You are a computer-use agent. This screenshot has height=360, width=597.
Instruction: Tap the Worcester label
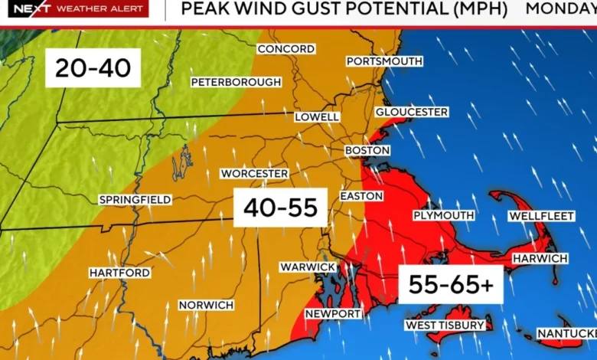(x=254, y=174)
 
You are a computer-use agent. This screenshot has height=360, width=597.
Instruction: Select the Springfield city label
(x=135, y=200)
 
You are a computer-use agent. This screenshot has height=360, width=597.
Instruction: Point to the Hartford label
(x=119, y=273)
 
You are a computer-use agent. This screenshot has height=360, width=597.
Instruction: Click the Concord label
(x=285, y=49)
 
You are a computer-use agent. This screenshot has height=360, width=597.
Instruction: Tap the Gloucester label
(x=411, y=113)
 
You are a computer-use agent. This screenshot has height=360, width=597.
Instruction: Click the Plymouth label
(x=443, y=216)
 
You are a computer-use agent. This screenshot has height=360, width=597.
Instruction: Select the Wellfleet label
(x=541, y=217)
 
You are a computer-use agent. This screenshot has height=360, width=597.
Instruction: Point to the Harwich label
(x=540, y=259)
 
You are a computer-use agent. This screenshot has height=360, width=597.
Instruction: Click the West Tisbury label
(x=445, y=326)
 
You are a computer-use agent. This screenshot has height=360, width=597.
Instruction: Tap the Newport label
(x=333, y=314)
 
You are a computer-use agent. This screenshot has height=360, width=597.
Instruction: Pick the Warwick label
(x=307, y=267)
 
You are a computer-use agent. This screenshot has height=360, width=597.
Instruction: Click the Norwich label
(x=206, y=305)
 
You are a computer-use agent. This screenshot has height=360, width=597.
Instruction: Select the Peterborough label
(x=236, y=82)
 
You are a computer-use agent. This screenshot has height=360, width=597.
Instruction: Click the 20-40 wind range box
(x=93, y=70)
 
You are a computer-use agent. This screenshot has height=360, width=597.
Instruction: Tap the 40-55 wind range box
(x=280, y=208)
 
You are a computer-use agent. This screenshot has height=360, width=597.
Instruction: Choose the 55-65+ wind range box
(x=450, y=284)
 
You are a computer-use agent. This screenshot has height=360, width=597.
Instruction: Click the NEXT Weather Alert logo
(x=74, y=9)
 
